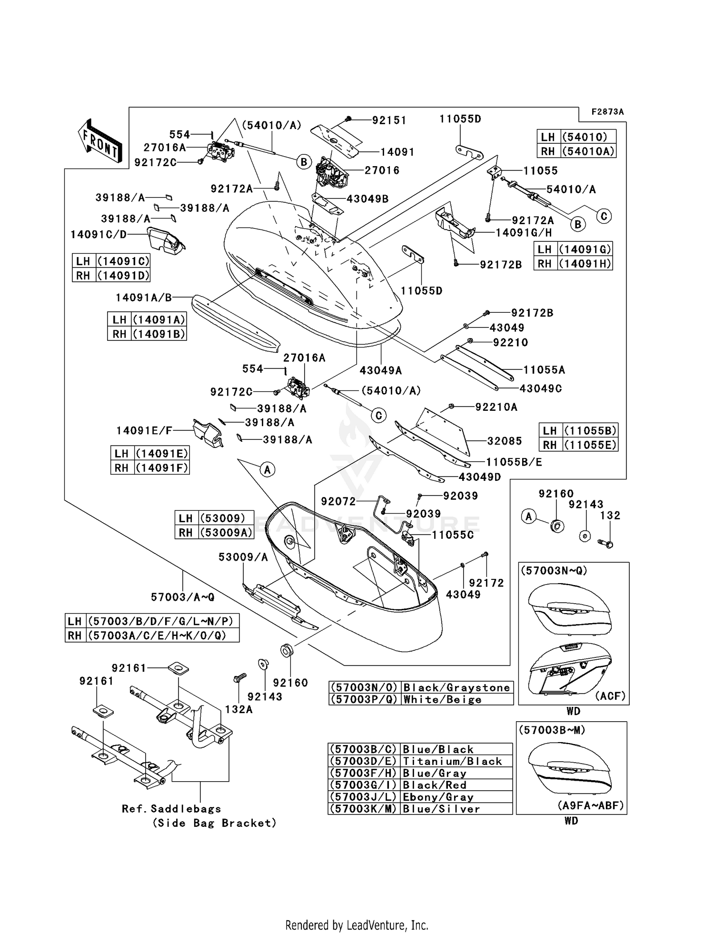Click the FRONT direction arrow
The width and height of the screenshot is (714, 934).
(x=100, y=141)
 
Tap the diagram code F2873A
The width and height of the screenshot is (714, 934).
(x=607, y=112)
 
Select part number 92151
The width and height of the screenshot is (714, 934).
(x=389, y=120)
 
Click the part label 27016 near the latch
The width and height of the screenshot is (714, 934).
(x=382, y=170)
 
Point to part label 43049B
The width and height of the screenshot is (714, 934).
(x=367, y=199)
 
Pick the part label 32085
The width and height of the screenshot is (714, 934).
(x=505, y=441)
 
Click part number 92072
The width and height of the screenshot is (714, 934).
(x=338, y=501)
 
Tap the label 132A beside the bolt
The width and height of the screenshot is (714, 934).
(x=238, y=710)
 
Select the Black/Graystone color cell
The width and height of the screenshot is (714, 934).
(x=457, y=687)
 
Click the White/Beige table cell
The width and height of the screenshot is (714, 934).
(x=457, y=699)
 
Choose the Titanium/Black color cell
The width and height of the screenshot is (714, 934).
(x=456, y=761)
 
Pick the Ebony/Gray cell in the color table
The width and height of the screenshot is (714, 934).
(x=456, y=797)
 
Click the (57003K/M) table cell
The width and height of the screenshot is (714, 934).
(x=364, y=809)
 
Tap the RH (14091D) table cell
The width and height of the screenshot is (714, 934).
(x=111, y=275)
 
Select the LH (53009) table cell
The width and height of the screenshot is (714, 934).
(x=214, y=518)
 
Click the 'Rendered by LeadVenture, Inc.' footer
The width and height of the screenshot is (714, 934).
(x=357, y=925)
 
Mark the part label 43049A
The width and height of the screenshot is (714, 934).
(x=381, y=370)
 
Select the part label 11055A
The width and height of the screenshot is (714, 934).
(x=544, y=370)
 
